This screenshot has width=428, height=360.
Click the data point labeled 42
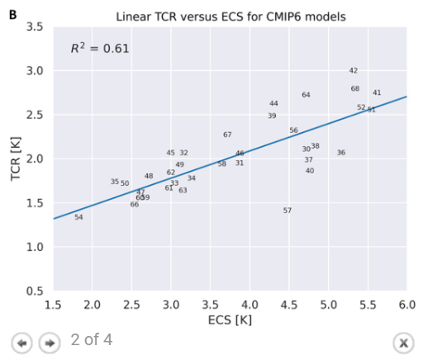pyautogui.click(x=353, y=71)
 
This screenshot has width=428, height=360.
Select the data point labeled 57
pyautogui.click(x=288, y=211)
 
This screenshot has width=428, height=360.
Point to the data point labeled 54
pyautogui.click(x=78, y=217)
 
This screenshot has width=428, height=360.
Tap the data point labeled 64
pyautogui.click(x=306, y=95)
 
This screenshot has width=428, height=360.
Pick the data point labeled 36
pyautogui.click(x=341, y=153)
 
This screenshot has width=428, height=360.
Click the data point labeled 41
pyautogui.click(x=377, y=92)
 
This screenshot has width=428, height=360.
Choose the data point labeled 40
pyautogui.click(x=310, y=171)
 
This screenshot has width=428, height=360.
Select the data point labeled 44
pyautogui.click(x=273, y=103)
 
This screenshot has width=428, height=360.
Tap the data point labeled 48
pyautogui.click(x=149, y=176)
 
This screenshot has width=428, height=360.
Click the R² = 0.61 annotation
pyautogui.click(x=99, y=49)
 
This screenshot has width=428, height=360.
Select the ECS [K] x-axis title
pyautogui.click(x=230, y=319)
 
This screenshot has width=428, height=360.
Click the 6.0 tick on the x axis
pyautogui.click(x=407, y=306)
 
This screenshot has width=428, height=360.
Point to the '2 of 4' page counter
pyautogui.click(x=91, y=339)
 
